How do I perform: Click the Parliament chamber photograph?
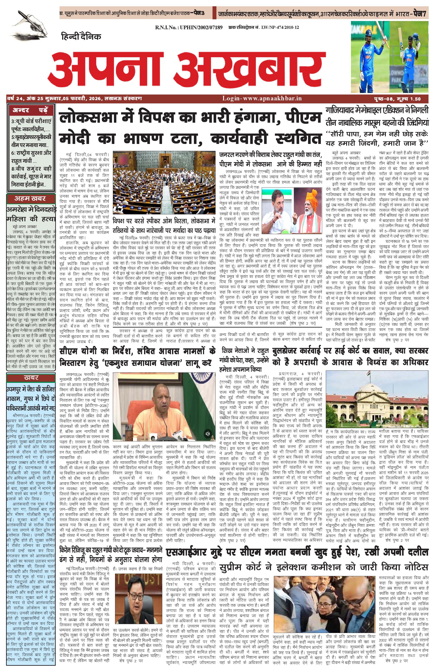164,182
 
